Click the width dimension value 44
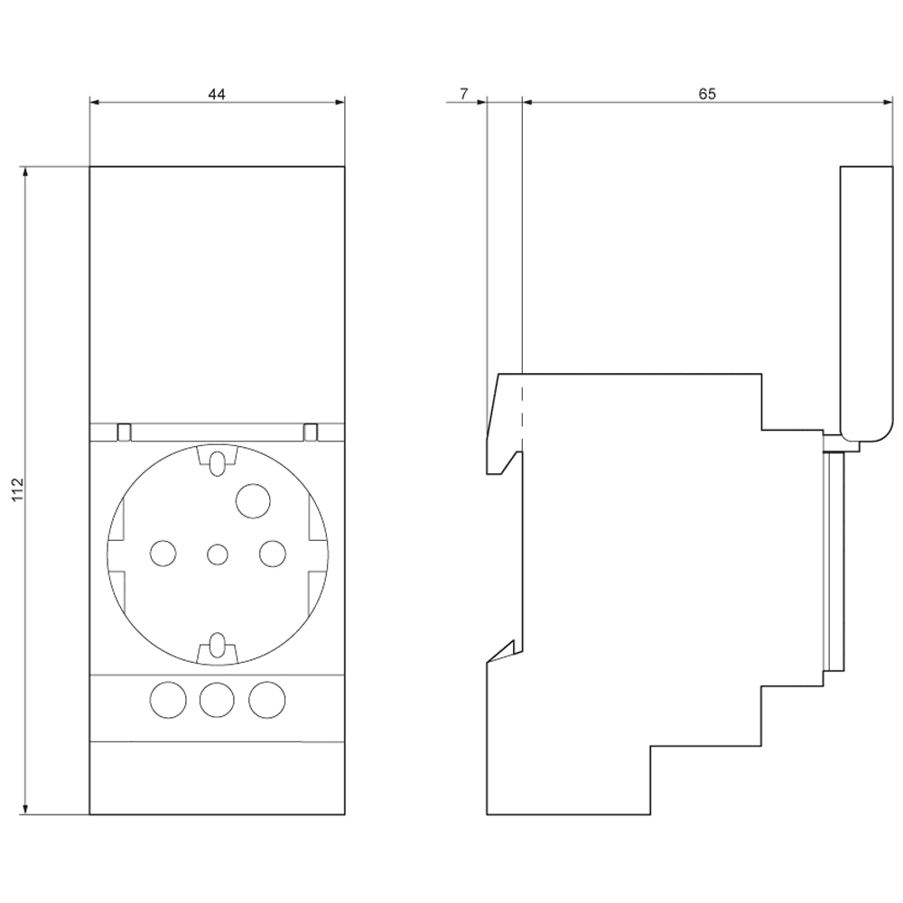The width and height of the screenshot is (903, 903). click(x=218, y=94)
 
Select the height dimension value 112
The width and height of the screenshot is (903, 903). click(x=17, y=490)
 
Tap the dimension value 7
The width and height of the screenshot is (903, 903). click(x=464, y=94)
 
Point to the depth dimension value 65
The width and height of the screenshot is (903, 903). click(x=706, y=94)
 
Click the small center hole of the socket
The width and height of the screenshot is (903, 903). click(x=217, y=554)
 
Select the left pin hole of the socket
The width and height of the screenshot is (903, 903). click(x=163, y=553)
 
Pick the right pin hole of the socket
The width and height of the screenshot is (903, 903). click(x=271, y=552)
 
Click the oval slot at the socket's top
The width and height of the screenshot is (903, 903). click(x=217, y=461)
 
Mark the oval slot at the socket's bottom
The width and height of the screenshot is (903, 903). click(x=217, y=645)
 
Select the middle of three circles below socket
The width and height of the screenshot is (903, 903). click(x=216, y=698)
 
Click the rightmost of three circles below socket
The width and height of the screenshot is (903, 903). click(x=266, y=698)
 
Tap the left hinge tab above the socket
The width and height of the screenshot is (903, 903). click(x=125, y=432)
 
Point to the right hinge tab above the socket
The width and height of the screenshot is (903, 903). click(x=310, y=432)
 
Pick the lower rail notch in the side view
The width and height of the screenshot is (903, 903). click(x=503, y=652)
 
